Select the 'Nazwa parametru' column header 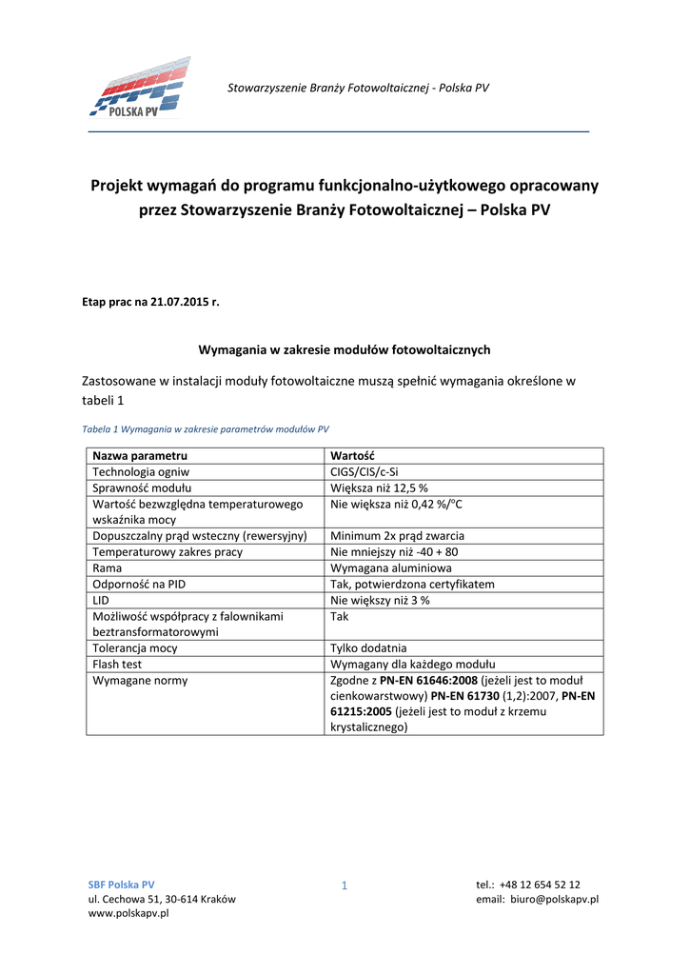[x=140, y=456]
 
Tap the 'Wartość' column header [x=352, y=456]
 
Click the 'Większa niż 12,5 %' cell [x=379, y=487]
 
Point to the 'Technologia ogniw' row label [x=141, y=471]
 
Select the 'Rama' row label [x=107, y=567]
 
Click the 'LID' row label [x=101, y=600]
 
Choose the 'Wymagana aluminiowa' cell [x=391, y=567]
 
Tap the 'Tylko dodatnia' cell [x=368, y=648]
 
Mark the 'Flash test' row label [x=117, y=665]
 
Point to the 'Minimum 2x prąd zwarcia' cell [x=397, y=536]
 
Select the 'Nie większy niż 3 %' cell [x=381, y=600]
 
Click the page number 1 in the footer [x=345, y=887]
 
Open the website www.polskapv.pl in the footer [x=128, y=914]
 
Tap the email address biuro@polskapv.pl [x=554, y=899]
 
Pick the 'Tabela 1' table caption [x=205, y=428]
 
